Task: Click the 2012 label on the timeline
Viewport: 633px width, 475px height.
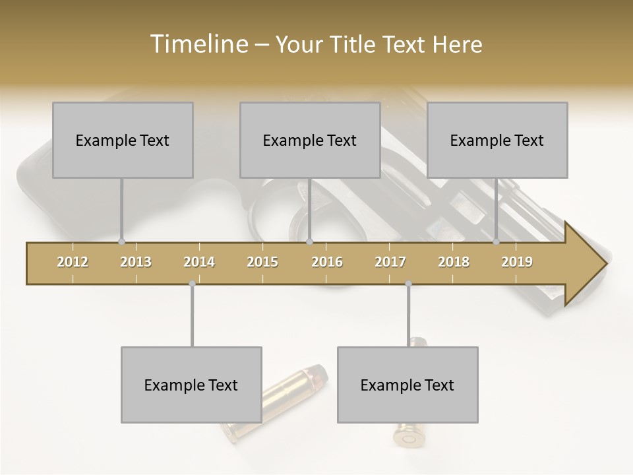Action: [73, 262]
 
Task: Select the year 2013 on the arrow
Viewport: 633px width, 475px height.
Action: [136, 262]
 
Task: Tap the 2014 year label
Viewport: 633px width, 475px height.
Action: [199, 262]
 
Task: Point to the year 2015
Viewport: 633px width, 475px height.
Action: [262, 262]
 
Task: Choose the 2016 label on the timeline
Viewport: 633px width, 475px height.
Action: [327, 262]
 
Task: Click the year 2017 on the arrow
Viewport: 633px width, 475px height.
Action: [390, 262]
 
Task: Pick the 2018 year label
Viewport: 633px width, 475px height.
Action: [454, 262]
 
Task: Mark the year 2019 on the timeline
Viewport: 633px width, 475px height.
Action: [517, 262]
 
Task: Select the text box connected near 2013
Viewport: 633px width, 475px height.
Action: [123, 140]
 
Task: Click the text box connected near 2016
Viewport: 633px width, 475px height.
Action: [310, 140]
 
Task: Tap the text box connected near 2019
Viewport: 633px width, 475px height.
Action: [497, 140]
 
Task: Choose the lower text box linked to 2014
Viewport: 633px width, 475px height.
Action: [191, 385]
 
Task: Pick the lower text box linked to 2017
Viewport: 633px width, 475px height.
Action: [407, 385]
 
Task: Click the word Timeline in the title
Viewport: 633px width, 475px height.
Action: [197, 44]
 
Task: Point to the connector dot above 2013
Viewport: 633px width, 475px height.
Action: [121, 241]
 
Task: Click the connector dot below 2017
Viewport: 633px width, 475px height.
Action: [408, 284]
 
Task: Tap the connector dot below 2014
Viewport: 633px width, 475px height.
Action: [192, 284]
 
